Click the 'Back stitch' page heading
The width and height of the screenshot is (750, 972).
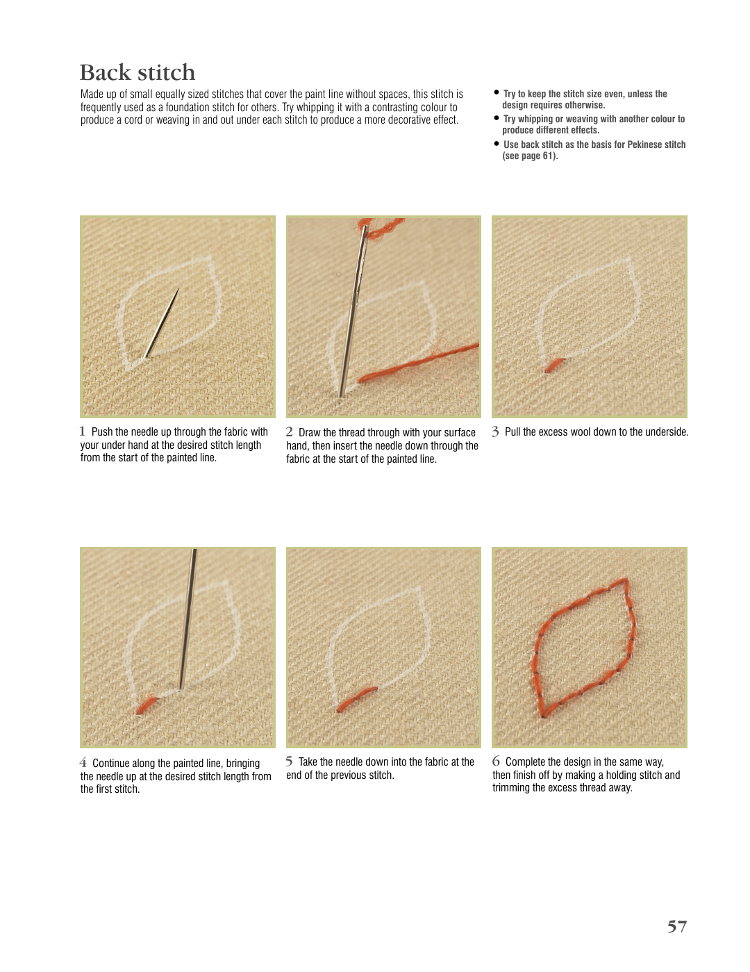137,72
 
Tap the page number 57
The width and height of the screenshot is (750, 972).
676,926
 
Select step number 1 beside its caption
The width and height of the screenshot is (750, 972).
82,431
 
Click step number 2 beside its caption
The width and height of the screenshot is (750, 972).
289,431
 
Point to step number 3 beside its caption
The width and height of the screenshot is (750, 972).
495,431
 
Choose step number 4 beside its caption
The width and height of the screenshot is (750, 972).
83,762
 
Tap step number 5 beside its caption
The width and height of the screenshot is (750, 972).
289,761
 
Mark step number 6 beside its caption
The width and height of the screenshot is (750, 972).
496,761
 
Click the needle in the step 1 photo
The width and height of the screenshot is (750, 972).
161,323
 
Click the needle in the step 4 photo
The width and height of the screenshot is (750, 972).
187,620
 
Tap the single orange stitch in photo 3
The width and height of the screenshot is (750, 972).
554,365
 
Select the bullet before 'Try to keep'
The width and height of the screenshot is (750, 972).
496,92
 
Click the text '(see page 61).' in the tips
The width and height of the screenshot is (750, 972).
530,156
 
